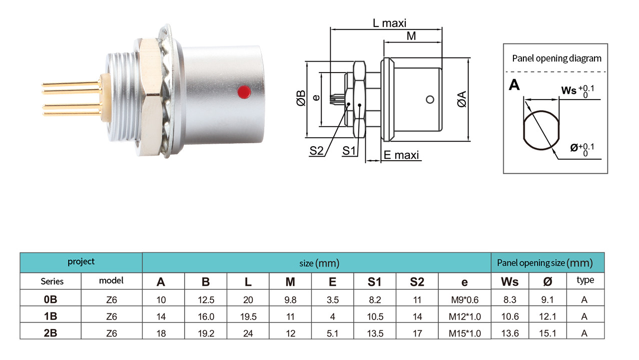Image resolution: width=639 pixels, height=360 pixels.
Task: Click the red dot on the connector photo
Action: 244,92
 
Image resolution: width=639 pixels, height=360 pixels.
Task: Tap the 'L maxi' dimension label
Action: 389,23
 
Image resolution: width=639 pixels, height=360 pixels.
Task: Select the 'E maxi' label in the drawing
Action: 401,155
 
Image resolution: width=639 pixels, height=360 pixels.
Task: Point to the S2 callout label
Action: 316,150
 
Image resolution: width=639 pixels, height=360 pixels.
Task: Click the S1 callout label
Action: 349,150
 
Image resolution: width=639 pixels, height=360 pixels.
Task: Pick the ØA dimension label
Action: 462,99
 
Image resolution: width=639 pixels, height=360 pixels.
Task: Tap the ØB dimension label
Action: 301,98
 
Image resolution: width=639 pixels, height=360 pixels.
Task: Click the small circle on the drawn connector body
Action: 430,99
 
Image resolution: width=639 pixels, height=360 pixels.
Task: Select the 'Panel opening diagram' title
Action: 556,59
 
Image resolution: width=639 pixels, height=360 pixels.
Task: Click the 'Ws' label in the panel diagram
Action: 569,90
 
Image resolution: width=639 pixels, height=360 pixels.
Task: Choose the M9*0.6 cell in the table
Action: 465,300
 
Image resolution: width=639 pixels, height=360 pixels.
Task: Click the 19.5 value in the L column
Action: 248,316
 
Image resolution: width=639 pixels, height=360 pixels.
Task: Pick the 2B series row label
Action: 51,333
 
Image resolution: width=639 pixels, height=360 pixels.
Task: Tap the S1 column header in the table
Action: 375,282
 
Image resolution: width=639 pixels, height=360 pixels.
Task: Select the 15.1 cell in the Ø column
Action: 547,333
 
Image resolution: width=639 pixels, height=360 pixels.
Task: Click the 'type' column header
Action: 585,280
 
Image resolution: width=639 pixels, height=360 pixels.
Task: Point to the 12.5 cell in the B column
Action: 206,300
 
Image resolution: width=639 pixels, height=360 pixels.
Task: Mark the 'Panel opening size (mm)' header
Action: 545,263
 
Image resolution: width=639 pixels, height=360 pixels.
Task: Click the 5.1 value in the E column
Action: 333,333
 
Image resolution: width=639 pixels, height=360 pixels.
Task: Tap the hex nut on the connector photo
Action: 151,97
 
